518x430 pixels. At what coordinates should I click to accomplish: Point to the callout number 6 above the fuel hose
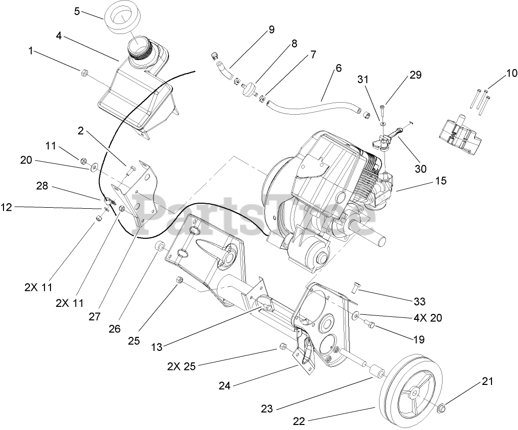(338, 68)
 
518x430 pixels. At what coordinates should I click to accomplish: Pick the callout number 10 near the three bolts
(510, 73)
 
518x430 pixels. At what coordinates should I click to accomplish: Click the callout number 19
(418, 339)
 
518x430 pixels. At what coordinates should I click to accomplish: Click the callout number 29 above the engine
(415, 75)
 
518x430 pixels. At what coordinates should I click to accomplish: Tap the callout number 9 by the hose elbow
(271, 30)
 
